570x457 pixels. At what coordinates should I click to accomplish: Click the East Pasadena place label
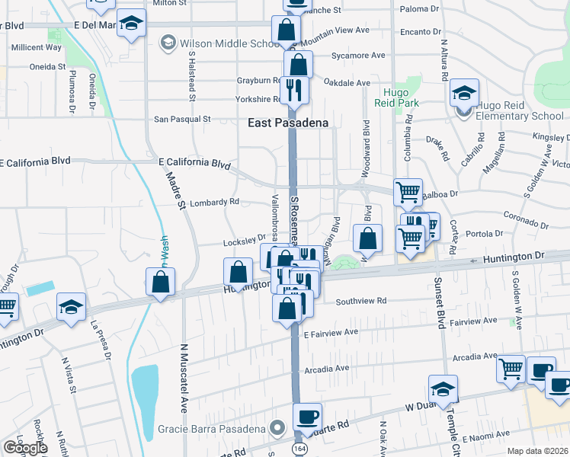(x=287, y=123)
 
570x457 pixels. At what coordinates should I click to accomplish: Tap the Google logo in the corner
(x=24, y=448)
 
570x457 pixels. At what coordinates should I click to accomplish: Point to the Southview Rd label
(x=361, y=301)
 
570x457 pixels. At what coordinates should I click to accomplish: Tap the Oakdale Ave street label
(x=347, y=83)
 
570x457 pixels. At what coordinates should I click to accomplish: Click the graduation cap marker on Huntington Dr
(x=71, y=308)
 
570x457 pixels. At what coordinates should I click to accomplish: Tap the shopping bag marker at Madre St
(x=161, y=283)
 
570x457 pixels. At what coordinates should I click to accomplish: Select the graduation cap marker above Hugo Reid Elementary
(x=463, y=94)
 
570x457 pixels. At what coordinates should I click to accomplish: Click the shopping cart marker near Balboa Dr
(x=408, y=193)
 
